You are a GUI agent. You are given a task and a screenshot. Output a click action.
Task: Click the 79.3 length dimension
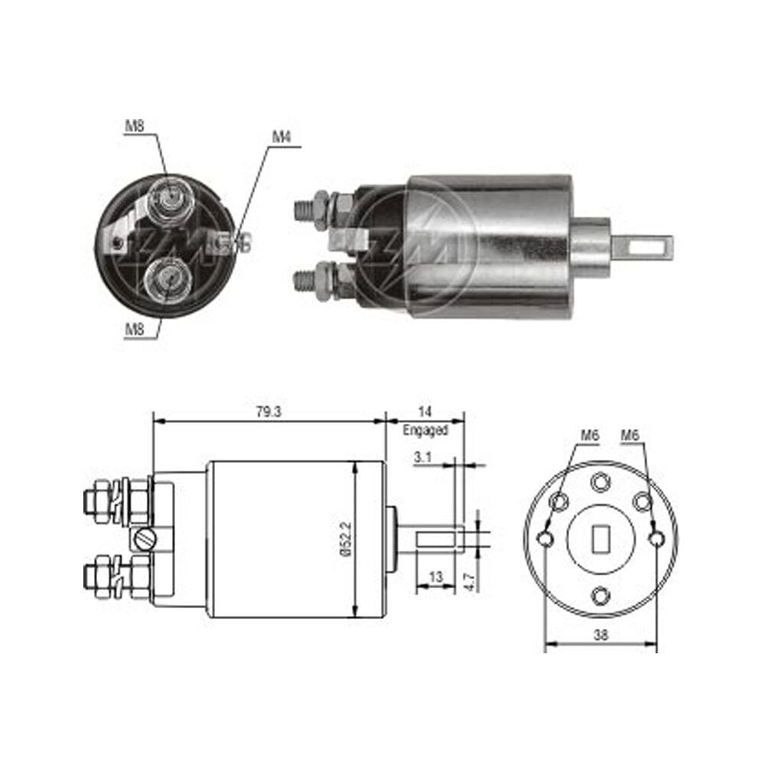269,412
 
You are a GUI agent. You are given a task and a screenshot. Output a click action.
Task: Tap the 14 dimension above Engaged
425,412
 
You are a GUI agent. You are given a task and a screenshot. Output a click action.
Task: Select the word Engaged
425,430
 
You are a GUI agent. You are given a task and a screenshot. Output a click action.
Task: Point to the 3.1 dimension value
422,457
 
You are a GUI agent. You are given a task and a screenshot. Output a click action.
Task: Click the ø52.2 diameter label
345,539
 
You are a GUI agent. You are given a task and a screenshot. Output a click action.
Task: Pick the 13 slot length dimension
435,577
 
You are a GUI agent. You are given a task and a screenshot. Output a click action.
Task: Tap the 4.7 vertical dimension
470,581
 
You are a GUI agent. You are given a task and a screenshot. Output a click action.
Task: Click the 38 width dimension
601,635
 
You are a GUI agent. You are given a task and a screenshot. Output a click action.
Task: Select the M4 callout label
281,137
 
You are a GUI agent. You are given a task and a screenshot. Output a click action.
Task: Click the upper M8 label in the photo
135,126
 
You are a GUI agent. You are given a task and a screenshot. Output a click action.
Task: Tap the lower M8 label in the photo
135,329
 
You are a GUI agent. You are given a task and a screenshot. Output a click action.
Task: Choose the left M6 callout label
590,435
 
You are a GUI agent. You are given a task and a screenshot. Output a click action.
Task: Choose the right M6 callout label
630,435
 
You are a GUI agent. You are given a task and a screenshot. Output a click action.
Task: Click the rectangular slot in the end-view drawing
601,539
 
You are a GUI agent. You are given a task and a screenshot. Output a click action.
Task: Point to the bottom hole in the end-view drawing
601,596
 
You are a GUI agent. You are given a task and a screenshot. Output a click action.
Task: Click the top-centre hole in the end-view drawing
601,483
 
